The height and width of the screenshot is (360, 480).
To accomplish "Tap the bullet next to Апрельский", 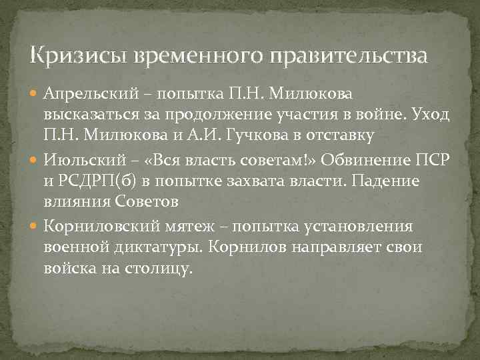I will point(36,92).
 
